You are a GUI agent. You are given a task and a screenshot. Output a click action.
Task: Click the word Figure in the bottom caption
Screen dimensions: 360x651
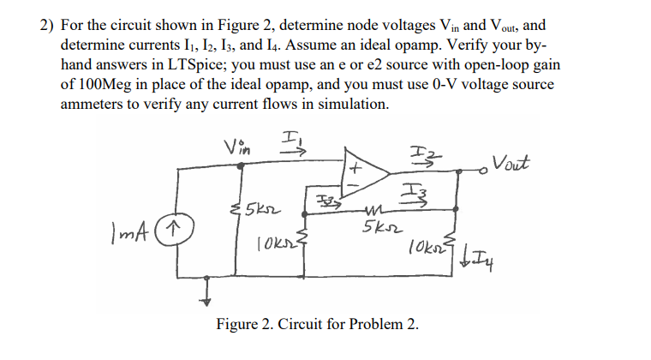pyautogui.click(x=237, y=326)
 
